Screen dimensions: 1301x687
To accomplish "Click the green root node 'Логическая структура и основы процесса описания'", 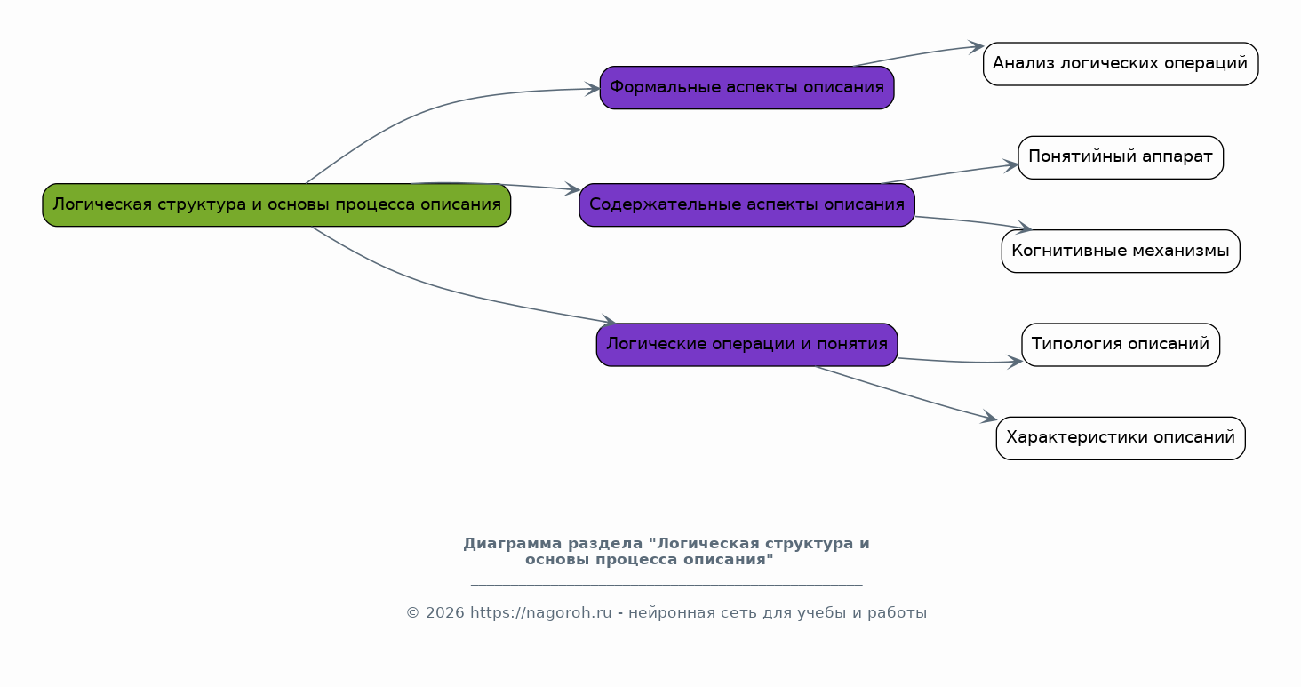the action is tap(276, 205).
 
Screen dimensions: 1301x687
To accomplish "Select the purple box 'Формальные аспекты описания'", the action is tap(746, 88).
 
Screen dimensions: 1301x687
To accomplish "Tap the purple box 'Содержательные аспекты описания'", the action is tap(746, 205).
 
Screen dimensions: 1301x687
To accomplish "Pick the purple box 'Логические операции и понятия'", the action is tap(746, 345).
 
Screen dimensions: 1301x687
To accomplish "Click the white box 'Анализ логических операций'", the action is tap(1121, 64).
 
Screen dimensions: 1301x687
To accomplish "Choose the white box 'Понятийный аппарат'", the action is tap(1121, 158).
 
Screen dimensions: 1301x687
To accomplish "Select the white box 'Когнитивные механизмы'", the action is tap(1121, 252).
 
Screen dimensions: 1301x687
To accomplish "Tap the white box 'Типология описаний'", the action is tap(1121, 345).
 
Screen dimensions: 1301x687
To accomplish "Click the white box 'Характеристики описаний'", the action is tap(1121, 438).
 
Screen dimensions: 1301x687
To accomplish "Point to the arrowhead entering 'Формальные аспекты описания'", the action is tap(594, 89).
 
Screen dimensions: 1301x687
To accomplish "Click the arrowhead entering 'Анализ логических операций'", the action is tap(977, 47).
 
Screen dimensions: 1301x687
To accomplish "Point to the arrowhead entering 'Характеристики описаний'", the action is tap(990, 418).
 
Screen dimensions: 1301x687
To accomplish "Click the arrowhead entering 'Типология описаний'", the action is tap(1015, 362).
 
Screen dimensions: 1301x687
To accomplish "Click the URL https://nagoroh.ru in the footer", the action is tap(540, 612).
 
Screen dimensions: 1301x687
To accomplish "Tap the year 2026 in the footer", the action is tap(445, 612).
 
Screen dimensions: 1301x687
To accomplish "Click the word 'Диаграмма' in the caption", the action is tap(513, 544).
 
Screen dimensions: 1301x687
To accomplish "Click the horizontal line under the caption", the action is tap(666, 585).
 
